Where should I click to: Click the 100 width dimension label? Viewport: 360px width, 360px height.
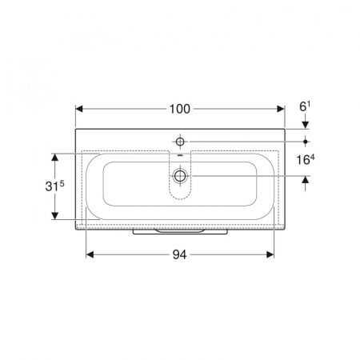click(x=180, y=109)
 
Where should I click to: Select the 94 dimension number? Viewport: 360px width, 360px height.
click(x=179, y=254)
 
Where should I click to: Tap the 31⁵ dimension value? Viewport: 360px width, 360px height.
click(x=54, y=186)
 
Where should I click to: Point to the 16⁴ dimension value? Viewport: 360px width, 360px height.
click(x=306, y=160)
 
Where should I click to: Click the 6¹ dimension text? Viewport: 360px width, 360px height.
click(x=305, y=107)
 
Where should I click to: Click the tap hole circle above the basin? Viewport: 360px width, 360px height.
click(x=180, y=142)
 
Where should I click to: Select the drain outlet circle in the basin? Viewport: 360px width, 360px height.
click(x=181, y=176)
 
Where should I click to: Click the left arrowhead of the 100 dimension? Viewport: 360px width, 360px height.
click(x=79, y=109)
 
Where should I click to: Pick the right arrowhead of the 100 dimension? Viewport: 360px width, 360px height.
click(x=281, y=109)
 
